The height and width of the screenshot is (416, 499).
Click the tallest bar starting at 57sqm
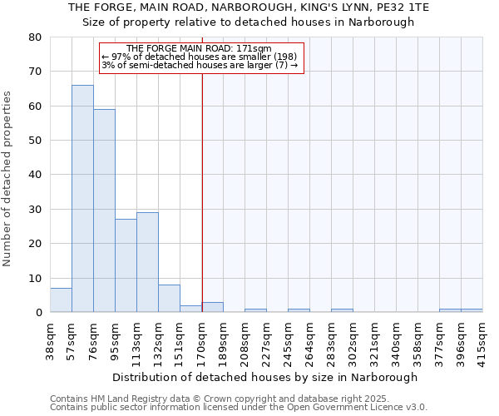click(82, 199)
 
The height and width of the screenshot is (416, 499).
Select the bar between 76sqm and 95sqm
click(104, 211)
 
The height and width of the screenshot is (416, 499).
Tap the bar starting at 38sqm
click(61, 300)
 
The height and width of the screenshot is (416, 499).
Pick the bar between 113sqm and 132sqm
click(147, 263)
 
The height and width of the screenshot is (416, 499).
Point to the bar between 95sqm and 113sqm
click(126, 266)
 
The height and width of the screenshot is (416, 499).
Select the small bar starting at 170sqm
click(213, 307)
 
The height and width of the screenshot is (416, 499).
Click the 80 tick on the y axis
click(35, 37)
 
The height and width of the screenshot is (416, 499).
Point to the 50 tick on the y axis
click(35, 141)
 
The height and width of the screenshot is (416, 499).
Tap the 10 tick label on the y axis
click(35, 279)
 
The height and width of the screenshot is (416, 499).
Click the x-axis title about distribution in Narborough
click(264, 377)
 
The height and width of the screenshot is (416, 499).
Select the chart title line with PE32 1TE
click(248, 7)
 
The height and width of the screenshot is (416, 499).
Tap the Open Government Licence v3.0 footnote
click(239, 408)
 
